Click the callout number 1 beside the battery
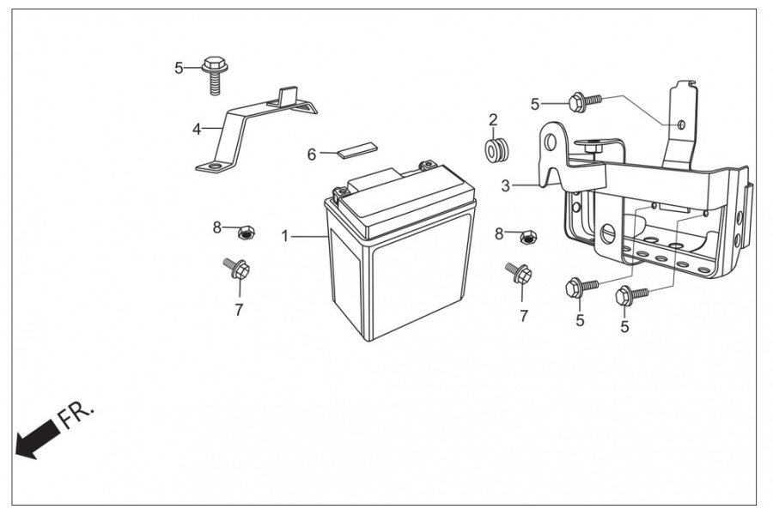coord(284,236)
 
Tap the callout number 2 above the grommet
coord(493,120)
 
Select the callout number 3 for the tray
coord(505,186)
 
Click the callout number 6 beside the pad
coord(312,154)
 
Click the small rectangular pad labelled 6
coord(356,149)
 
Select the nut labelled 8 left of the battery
coord(246,232)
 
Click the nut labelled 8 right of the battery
coord(528,237)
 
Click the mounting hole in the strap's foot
coord(214,167)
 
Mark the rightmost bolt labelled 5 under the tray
coord(630,297)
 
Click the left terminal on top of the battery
coord(339,192)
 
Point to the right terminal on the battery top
coord(426,165)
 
